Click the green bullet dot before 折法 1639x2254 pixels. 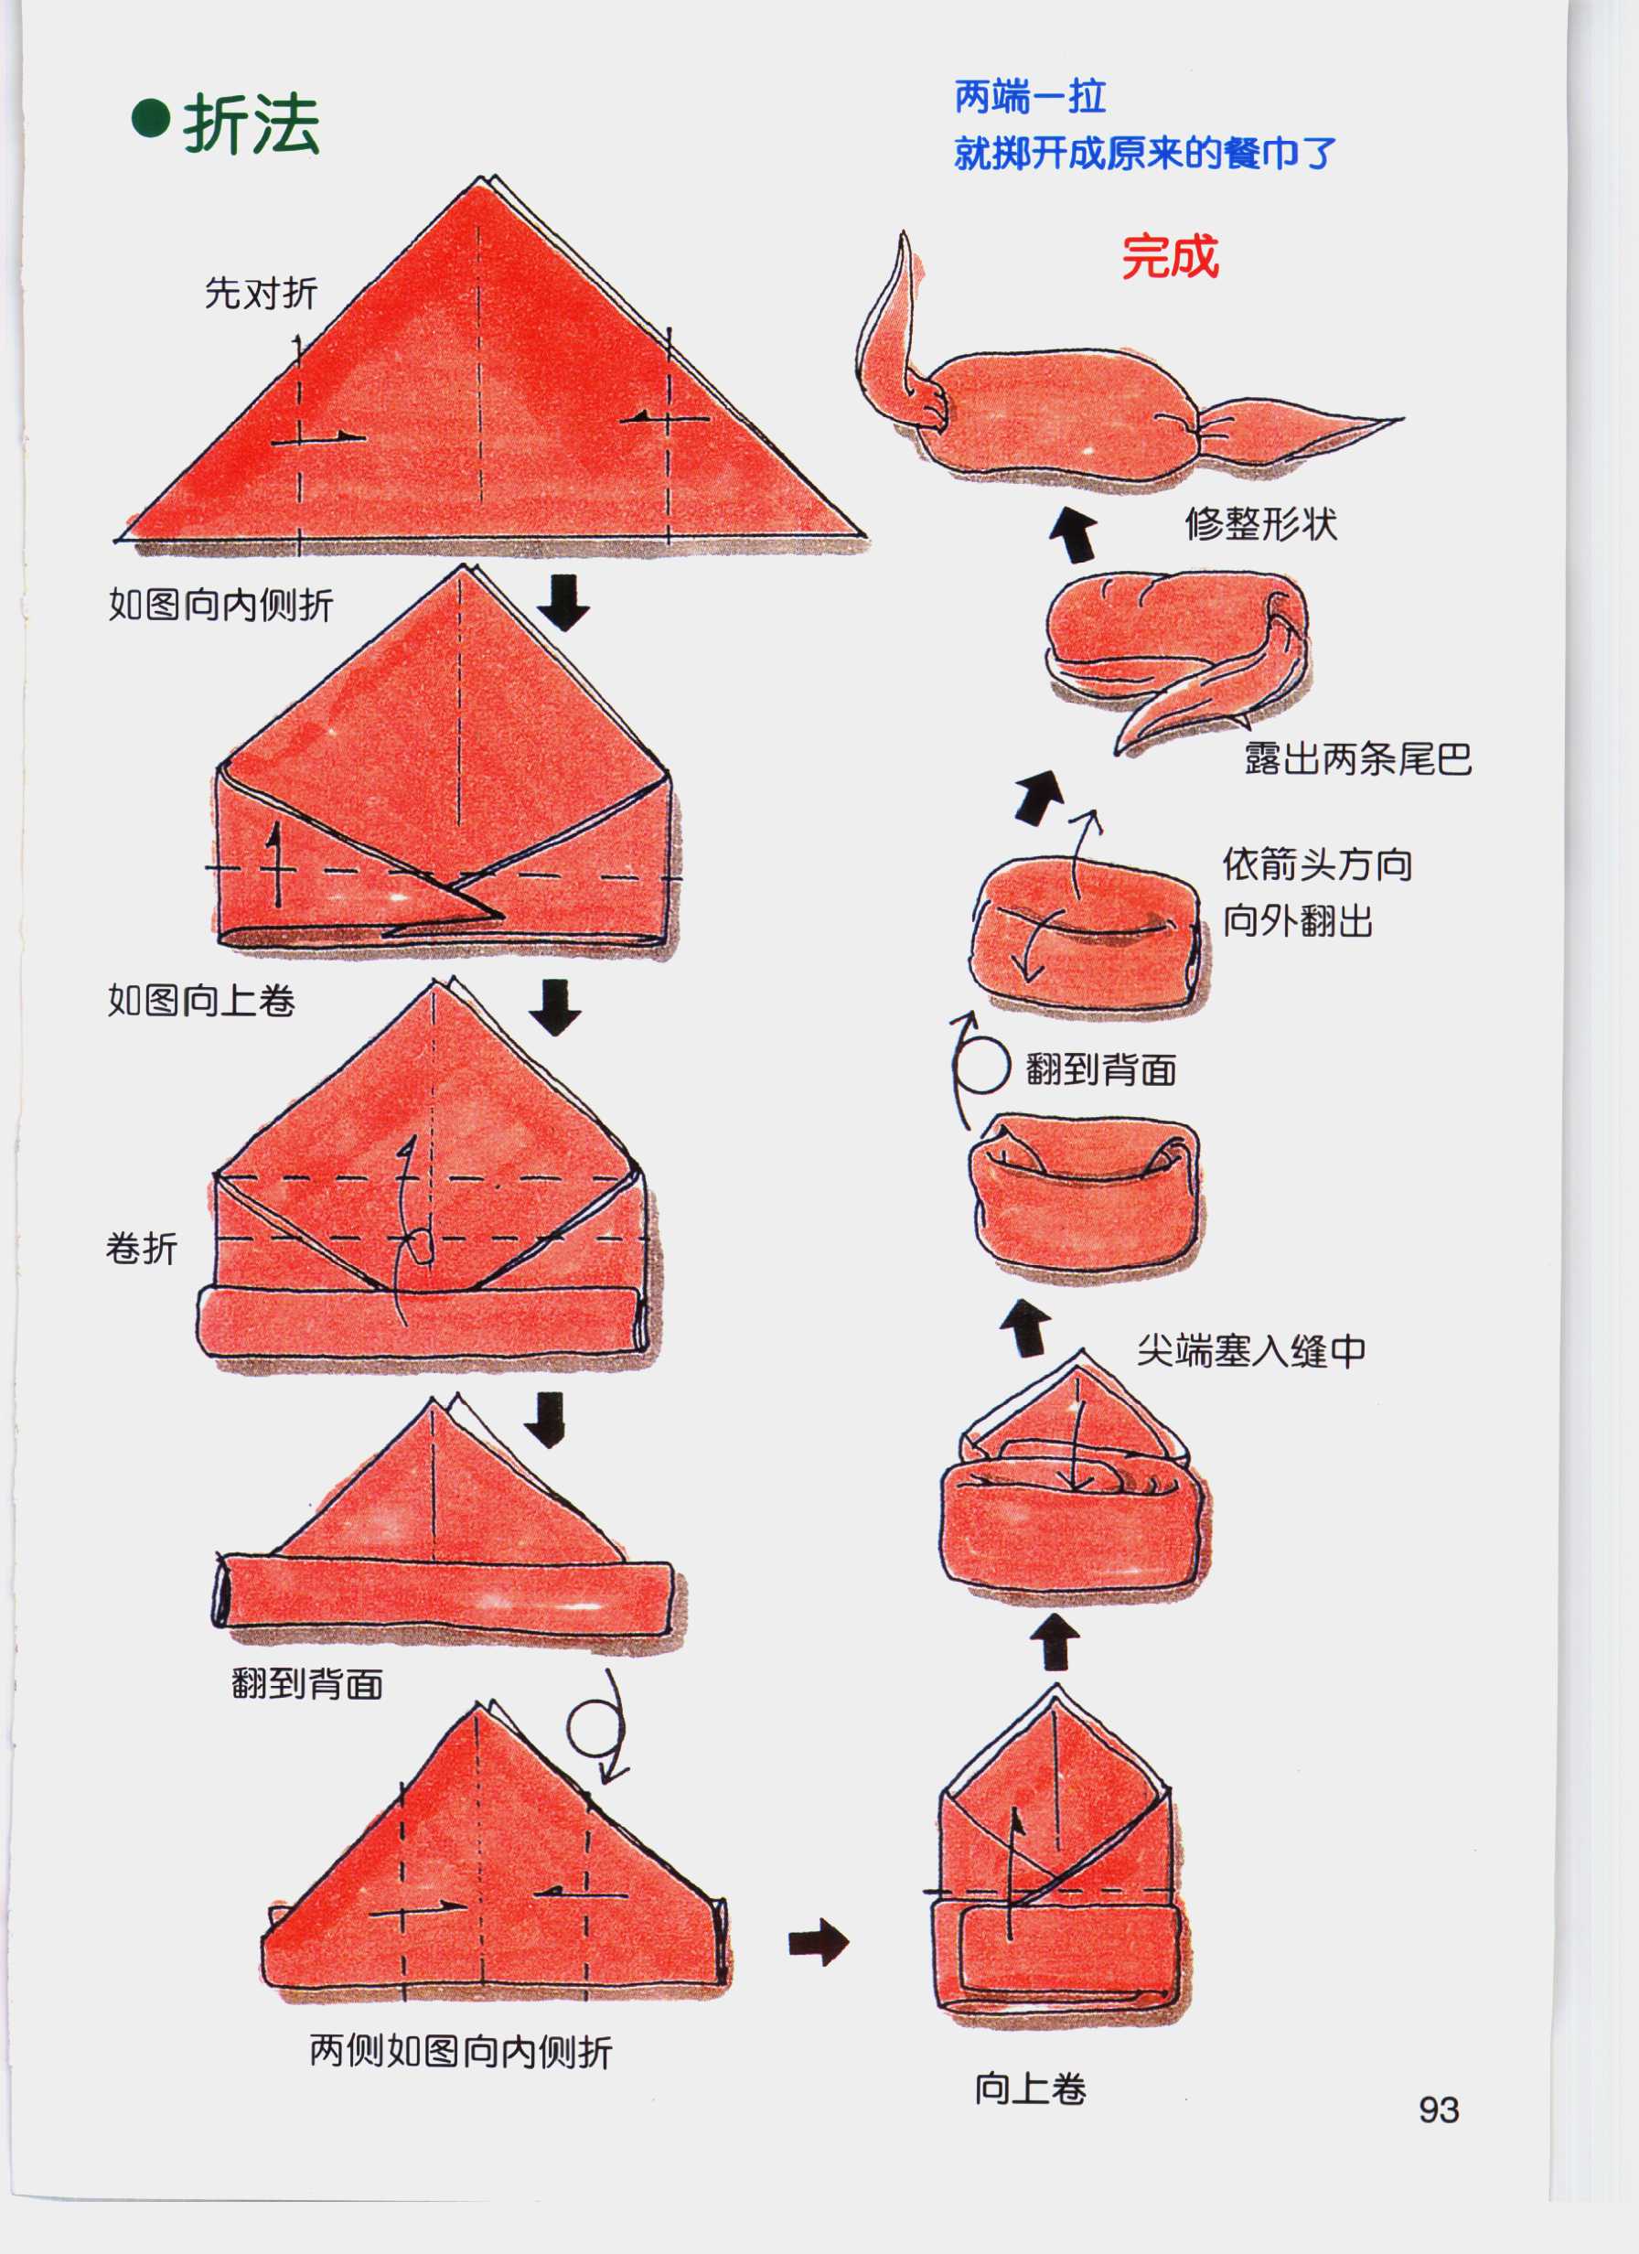tap(151, 119)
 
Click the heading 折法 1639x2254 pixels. tap(251, 124)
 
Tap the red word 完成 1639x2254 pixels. tap(1170, 257)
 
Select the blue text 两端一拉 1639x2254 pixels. tap(1030, 97)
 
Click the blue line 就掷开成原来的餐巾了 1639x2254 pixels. tap(1145, 153)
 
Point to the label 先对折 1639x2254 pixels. tap(261, 293)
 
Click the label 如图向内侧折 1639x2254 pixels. tap(220, 605)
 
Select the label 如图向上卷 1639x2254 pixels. tap(201, 1000)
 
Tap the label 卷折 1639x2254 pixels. tap(141, 1249)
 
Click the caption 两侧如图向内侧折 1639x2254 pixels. tap(460, 2050)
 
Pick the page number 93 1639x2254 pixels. tap(1438, 2109)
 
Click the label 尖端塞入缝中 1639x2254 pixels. tap(1250, 1350)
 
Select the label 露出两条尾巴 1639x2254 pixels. tap(1357, 758)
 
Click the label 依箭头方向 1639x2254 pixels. tap(1317, 864)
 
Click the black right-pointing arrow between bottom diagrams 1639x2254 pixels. tap(818, 1942)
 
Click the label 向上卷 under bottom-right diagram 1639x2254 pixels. tap(1030, 2088)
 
